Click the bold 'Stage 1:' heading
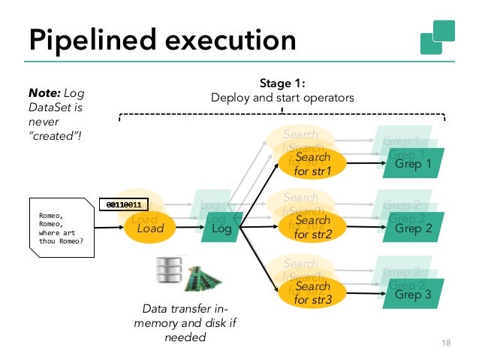point(282,84)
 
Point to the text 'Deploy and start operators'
point(282,98)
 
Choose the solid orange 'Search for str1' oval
point(312,164)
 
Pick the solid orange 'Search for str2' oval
point(312,228)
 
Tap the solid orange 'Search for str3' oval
point(312,293)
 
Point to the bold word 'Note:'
point(44,93)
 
